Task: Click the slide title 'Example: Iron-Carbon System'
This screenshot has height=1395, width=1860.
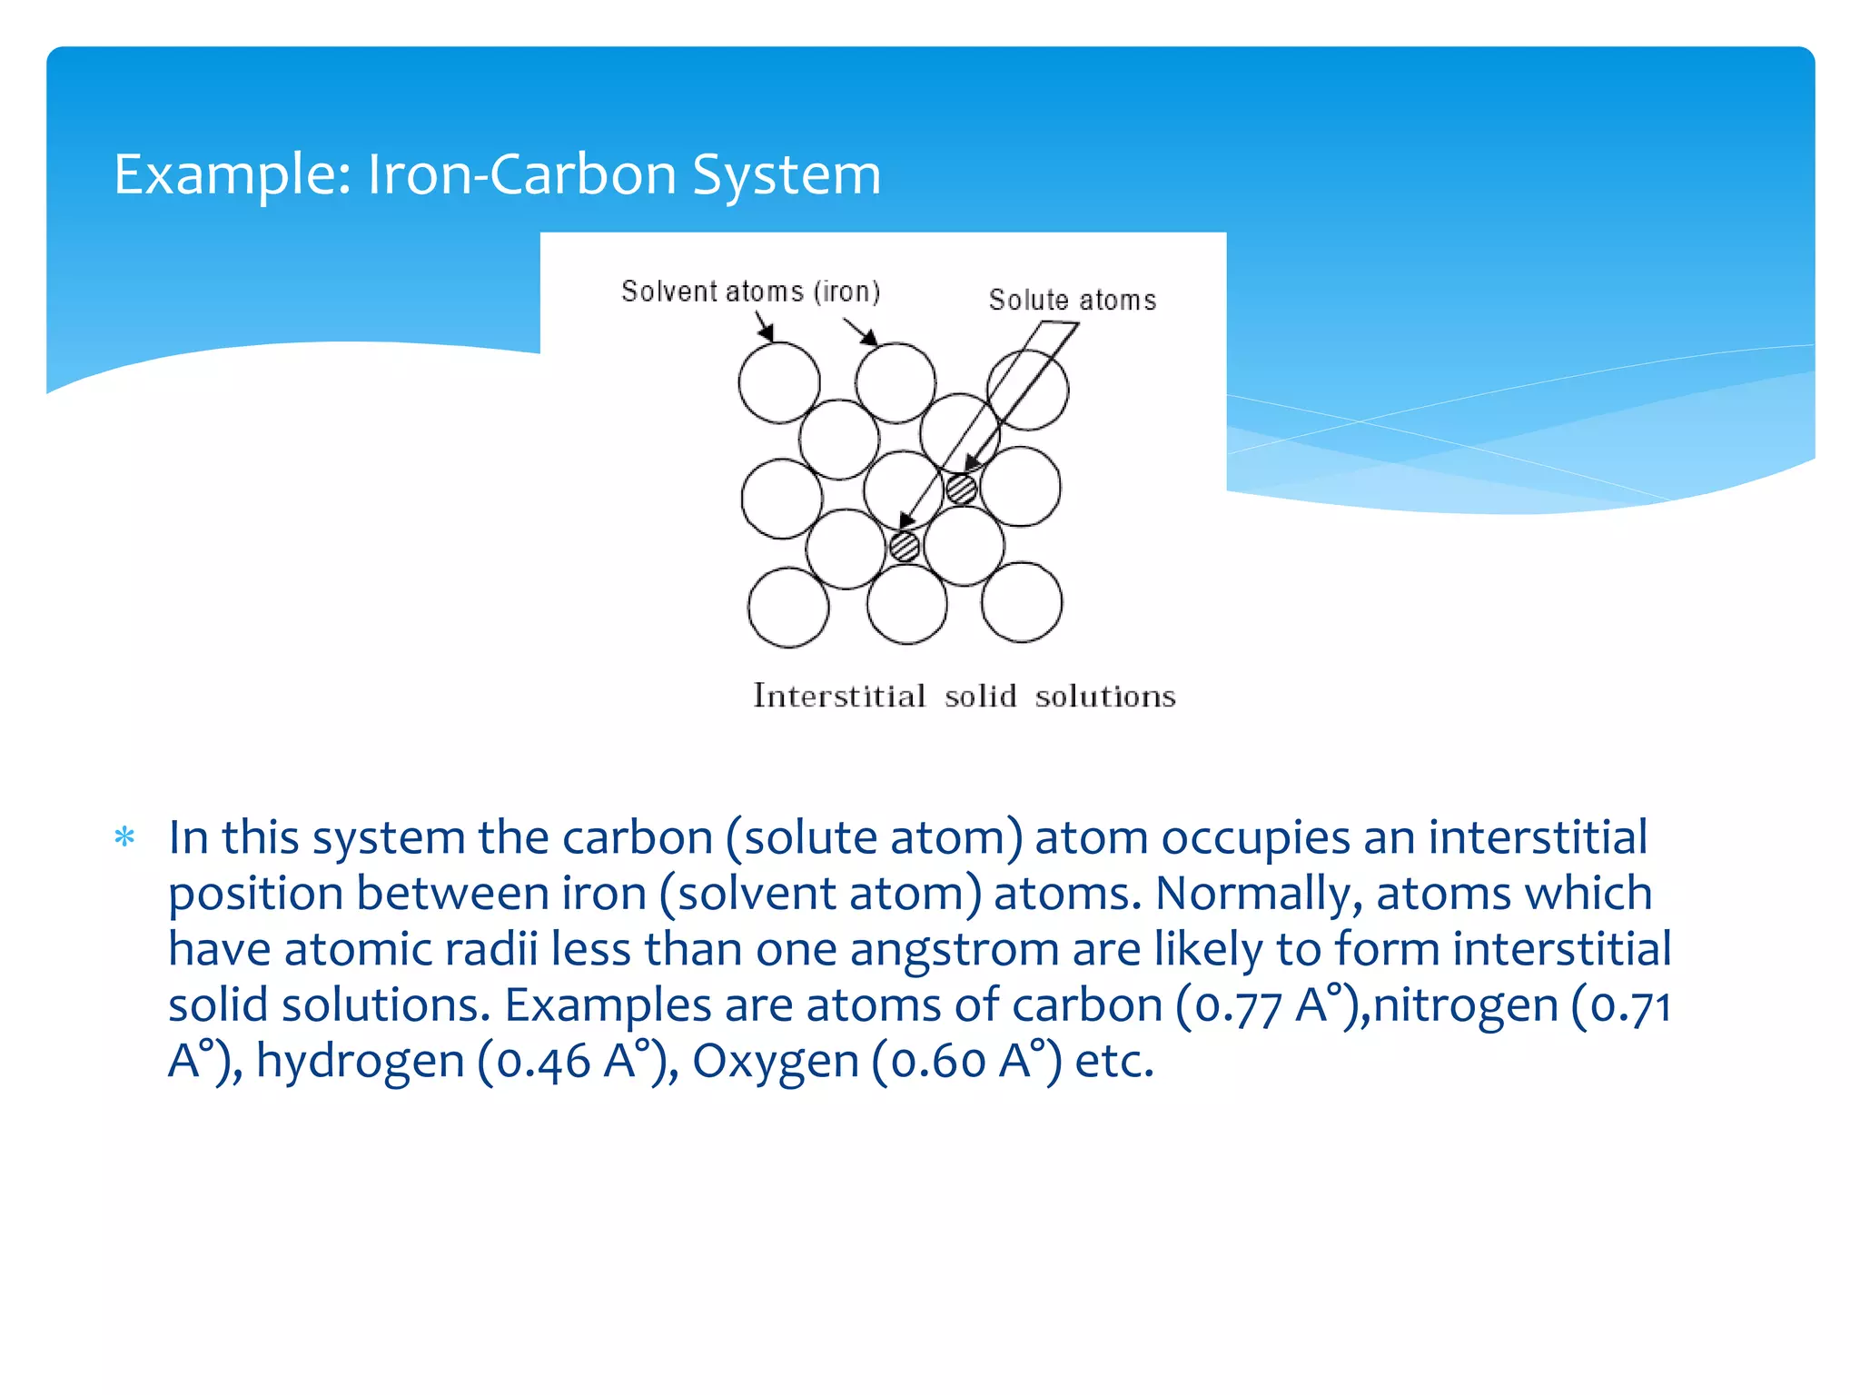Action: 497,173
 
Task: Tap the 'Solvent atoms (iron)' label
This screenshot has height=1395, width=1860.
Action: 750,292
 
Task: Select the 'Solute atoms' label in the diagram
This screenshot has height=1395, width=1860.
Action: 1072,300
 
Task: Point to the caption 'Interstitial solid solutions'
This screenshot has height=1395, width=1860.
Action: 964,696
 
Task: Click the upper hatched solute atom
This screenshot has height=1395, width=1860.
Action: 961,489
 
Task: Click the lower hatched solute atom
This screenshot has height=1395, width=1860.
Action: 905,547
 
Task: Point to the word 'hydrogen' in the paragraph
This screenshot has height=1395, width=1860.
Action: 360,1062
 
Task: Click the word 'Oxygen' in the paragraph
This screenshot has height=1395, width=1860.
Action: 775,1062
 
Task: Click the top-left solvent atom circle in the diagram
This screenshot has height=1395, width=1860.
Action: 778,382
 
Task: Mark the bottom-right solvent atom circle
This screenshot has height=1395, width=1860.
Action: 1022,602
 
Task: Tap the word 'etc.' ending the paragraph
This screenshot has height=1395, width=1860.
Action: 1114,1062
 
